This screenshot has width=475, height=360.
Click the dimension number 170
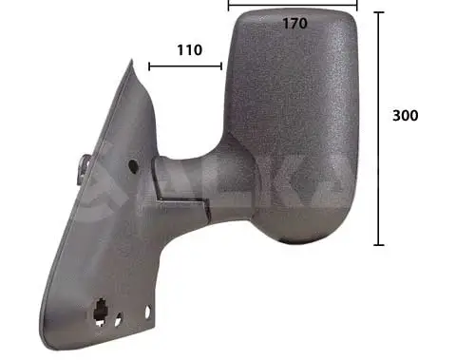[x=295, y=24]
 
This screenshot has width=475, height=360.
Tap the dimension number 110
[x=188, y=50]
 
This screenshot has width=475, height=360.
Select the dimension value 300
[x=405, y=115]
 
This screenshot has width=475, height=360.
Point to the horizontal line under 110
[x=185, y=66]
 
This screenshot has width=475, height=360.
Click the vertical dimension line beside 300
[x=379, y=128]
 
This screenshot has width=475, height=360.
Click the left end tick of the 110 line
[x=149, y=66]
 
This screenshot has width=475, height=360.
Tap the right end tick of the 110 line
[x=221, y=66]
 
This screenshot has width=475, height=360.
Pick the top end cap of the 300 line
[x=379, y=13]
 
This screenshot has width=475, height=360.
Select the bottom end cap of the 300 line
[x=379, y=244]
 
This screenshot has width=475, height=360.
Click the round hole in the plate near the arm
[x=131, y=167]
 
